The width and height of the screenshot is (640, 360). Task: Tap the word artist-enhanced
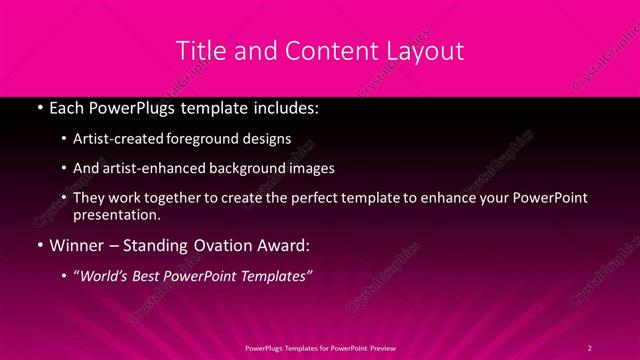(147, 169)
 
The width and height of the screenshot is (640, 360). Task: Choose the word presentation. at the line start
(116, 215)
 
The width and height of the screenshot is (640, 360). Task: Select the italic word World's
(105, 276)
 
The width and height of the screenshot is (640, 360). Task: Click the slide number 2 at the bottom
(590, 347)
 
